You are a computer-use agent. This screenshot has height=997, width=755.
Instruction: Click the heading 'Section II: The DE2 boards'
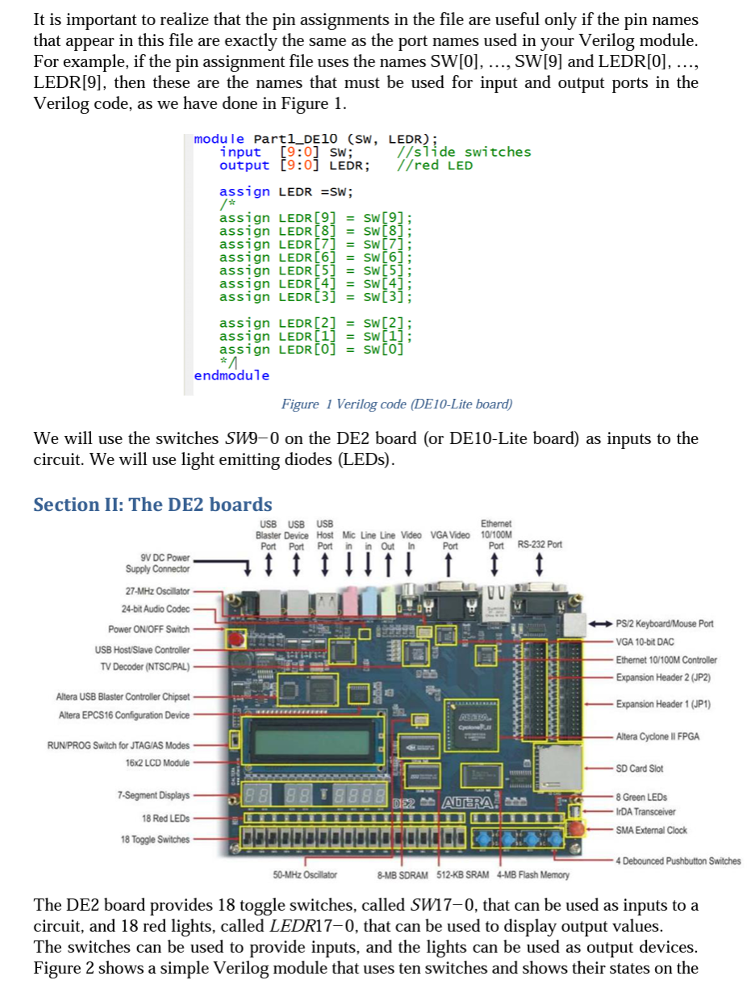coord(152,505)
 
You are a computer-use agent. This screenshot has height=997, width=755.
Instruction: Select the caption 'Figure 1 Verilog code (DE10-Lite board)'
coord(396,404)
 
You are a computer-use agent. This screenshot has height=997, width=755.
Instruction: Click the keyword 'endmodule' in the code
coord(232,375)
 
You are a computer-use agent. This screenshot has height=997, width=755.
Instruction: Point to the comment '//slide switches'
coord(465,152)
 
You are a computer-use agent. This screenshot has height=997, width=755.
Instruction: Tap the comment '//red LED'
coord(435,165)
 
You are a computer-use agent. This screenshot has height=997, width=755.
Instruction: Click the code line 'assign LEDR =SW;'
coord(286,191)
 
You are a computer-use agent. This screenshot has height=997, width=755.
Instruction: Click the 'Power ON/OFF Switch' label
coord(149,629)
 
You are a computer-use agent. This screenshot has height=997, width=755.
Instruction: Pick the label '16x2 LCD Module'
coord(157,763)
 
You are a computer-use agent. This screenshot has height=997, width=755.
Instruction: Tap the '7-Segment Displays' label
coord(153,795)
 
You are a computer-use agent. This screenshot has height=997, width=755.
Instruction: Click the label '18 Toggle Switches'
coord(155,839)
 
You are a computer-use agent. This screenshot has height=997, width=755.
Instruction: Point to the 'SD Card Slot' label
coord(640,769)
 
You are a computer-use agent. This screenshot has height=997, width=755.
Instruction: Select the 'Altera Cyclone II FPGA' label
coord(657,736)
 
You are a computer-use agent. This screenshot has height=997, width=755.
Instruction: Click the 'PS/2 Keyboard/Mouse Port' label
coord(665,623)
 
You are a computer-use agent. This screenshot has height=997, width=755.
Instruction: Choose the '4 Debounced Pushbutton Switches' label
coord(678,861)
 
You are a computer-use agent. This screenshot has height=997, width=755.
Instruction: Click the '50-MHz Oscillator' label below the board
coord(305,875)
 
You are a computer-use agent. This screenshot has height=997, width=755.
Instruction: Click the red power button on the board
coord(236,640)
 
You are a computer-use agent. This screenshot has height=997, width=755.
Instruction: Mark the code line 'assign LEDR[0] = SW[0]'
coord(311,350)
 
